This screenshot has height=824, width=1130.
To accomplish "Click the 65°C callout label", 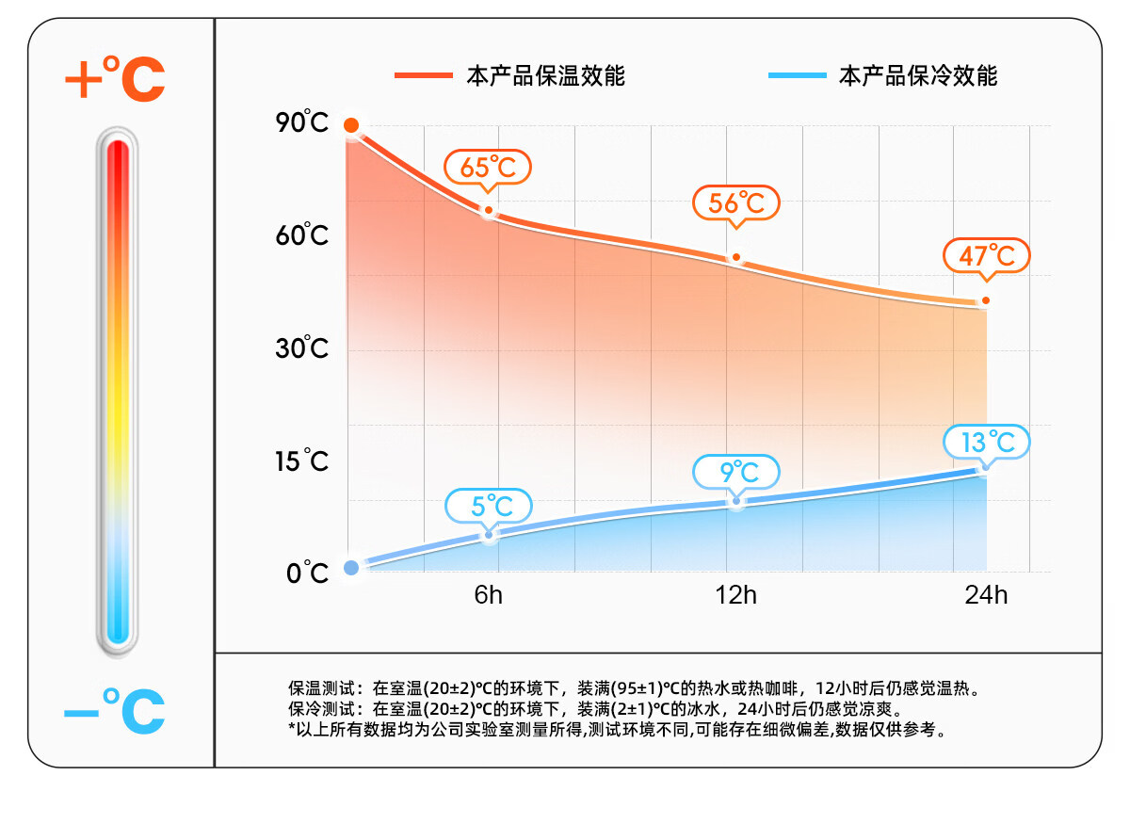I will (488, 168).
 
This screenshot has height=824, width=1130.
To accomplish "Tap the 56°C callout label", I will (736, 203).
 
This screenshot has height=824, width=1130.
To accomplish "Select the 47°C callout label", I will (987, 255).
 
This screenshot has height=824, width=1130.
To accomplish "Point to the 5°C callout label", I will (488, 506).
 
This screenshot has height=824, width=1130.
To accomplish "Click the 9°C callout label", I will (737, 471).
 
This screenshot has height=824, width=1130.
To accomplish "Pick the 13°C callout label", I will (987, 442).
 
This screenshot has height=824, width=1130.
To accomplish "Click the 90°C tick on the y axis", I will (302, 123).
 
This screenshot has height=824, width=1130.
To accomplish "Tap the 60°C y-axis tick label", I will (302, 235).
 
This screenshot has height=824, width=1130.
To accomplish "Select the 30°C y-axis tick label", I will (302, 349).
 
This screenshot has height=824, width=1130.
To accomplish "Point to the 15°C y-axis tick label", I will (302, 461).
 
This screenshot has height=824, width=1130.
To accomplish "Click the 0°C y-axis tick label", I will (307, 573).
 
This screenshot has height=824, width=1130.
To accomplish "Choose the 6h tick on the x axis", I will (488, 595).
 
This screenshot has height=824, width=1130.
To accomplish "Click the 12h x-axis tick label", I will (736, 595).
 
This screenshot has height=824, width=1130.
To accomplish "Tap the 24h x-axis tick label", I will (985, 595).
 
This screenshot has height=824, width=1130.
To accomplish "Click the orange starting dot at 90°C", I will (351, 125).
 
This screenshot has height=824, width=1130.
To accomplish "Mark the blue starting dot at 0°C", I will (351, 567).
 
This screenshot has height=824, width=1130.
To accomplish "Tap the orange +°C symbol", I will (115, 79).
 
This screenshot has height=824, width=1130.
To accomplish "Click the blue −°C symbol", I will (115, 712).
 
